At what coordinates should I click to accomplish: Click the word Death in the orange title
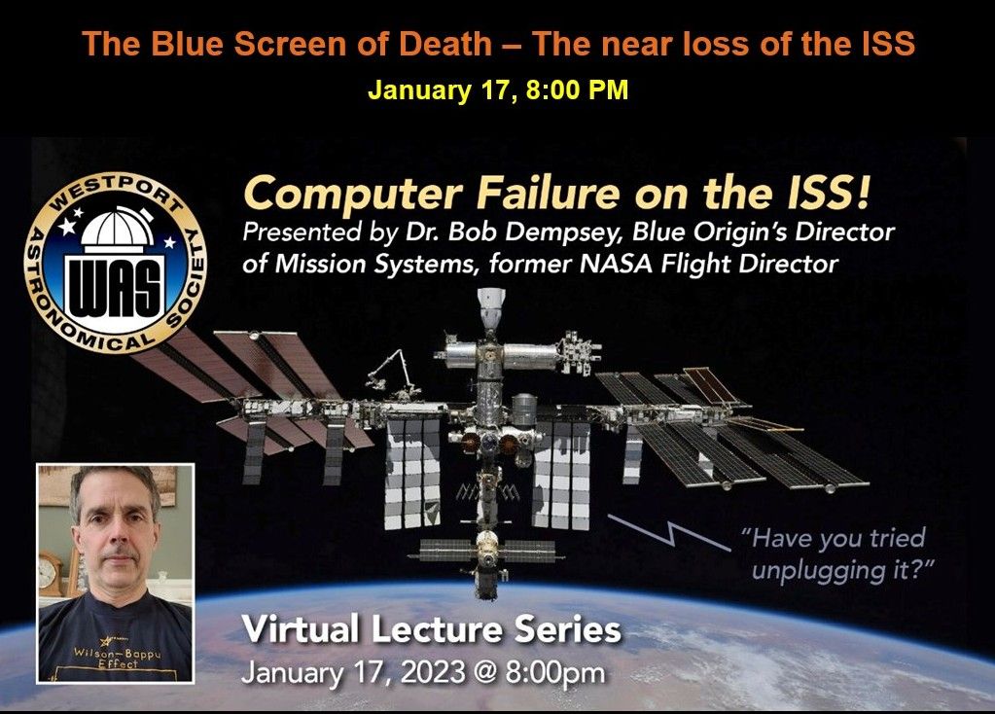444,44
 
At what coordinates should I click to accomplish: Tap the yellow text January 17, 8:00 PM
498,89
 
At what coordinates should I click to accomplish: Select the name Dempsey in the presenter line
568,232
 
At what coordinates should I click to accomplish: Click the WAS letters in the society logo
115,287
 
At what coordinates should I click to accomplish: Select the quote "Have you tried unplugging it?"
838,554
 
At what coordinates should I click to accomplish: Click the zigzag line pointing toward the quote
667,532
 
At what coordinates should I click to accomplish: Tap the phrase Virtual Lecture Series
432,629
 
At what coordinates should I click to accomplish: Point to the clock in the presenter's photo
49,573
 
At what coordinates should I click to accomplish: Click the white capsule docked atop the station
490,307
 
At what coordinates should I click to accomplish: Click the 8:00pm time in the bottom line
555,673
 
